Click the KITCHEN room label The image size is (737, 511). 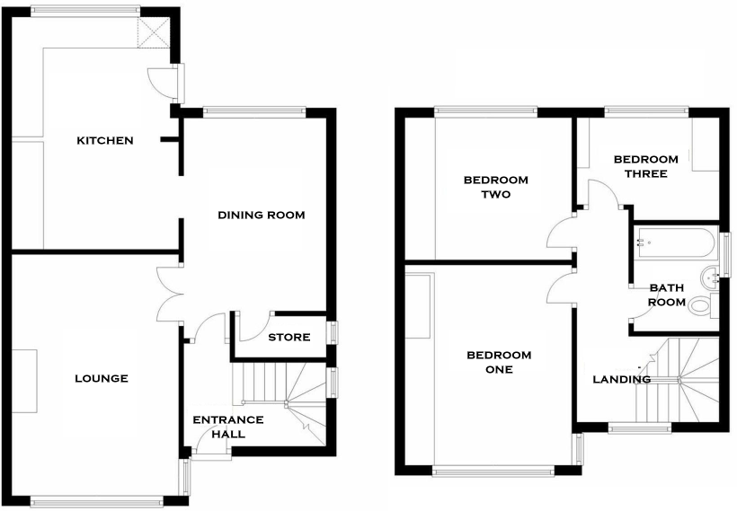click(105, 140)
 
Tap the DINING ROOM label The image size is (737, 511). click(262, 215)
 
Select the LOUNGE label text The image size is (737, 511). click(101, 378)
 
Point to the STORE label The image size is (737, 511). click(289, 338)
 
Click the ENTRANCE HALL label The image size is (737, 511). click(228, 427)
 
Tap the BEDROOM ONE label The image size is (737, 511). click(499, 362)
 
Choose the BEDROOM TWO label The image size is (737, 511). click(495, 187)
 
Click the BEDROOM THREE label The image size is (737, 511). click(640, 166)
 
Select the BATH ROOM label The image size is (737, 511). click(667, 295)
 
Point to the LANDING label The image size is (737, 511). click(621, 379)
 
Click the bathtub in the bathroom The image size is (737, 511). click(674, 242)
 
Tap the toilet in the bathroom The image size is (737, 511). click(701, 305)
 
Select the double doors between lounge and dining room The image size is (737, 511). click(168, 294)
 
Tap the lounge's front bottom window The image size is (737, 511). click(96, 501)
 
